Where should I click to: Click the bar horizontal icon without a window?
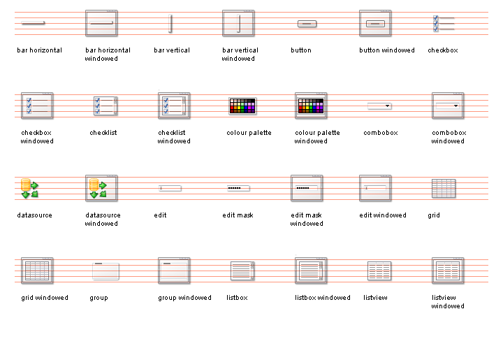point(33,24)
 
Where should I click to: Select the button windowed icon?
point(376,24)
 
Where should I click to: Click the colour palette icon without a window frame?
point(242,106)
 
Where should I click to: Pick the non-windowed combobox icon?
point(379,106)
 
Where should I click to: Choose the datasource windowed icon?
point(101,189)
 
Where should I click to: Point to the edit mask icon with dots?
point(238,189)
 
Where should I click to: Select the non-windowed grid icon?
point(444,189)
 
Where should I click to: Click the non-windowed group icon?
point(105,271)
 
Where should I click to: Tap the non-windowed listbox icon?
point(242,271)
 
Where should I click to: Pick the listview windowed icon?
point(448,271)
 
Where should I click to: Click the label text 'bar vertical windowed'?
point(240,55)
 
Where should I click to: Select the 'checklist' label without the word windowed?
point(102,133)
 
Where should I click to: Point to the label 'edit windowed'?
point(382,215)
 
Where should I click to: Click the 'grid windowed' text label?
point(45,298)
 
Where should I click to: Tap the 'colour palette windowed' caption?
point(317,137)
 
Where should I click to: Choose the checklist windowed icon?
point(174,106)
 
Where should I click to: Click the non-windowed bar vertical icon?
point(170,24)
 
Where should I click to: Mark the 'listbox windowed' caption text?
point(322,298)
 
